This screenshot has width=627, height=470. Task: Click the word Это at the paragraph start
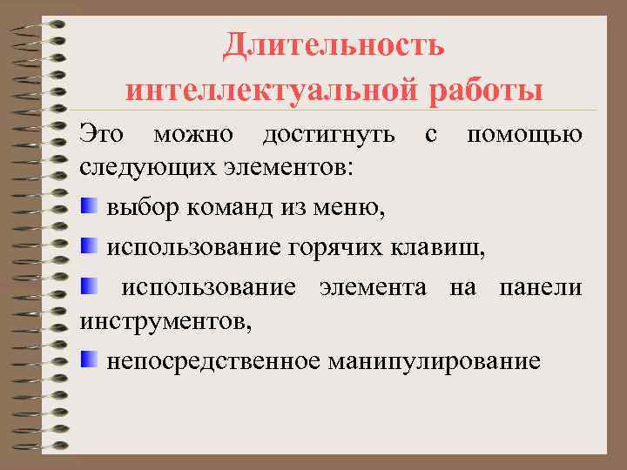(x=102, y=135)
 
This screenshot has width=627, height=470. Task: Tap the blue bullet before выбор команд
(x=89, y=207)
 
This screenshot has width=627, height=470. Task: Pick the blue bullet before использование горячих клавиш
(x=89, y=246)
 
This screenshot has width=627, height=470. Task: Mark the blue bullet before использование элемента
(x=89, y=285)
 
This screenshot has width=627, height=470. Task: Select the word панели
(x=541, y=288)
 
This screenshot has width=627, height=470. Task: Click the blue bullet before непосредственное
(x=89, y=359)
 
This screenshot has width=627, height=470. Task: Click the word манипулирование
(x=435, y=360)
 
